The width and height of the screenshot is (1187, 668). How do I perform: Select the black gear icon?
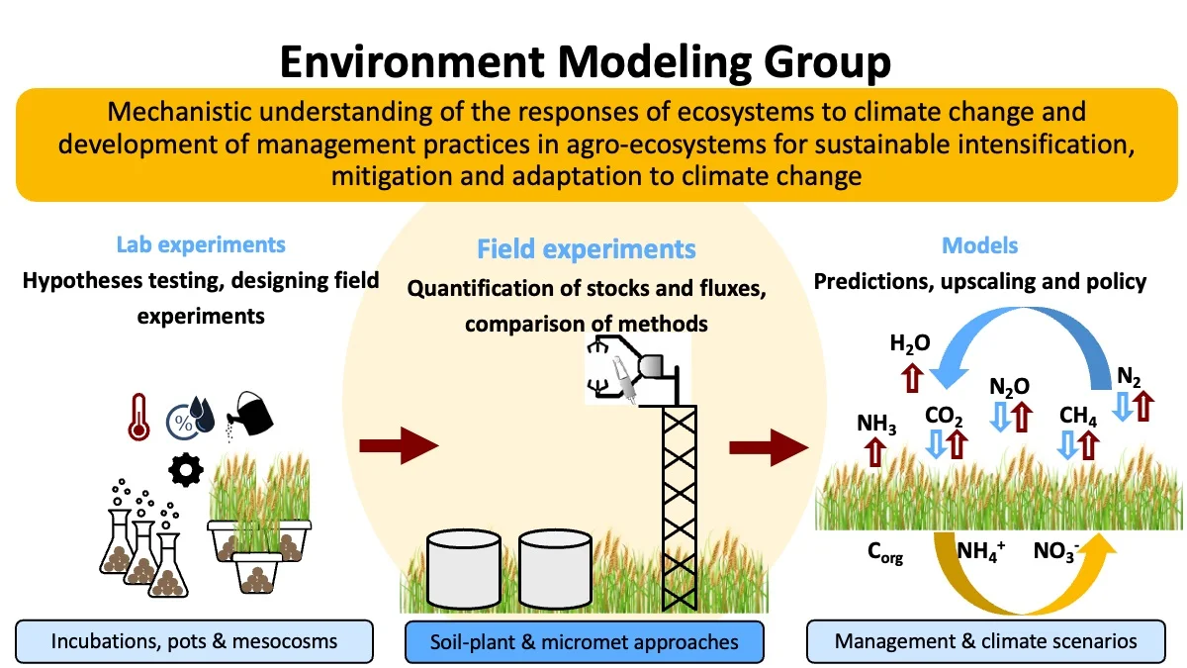(185, 468)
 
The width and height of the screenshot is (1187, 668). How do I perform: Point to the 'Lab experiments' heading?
(201, 244)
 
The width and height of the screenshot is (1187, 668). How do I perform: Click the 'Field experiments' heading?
(587, 248)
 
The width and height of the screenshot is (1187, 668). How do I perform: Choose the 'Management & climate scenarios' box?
(985, 641)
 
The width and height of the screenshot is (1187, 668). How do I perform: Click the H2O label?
(910, 344)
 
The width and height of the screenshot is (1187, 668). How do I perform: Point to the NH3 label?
(877, 426)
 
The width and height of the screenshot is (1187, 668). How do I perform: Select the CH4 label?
(1078, 417)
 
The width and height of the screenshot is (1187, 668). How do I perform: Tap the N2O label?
(1009, 386)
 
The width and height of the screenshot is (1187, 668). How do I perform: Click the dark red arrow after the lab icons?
(398, 447)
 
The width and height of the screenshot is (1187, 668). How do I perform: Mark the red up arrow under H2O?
(910, 377)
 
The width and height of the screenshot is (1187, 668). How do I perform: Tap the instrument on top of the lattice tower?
(639, 375)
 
